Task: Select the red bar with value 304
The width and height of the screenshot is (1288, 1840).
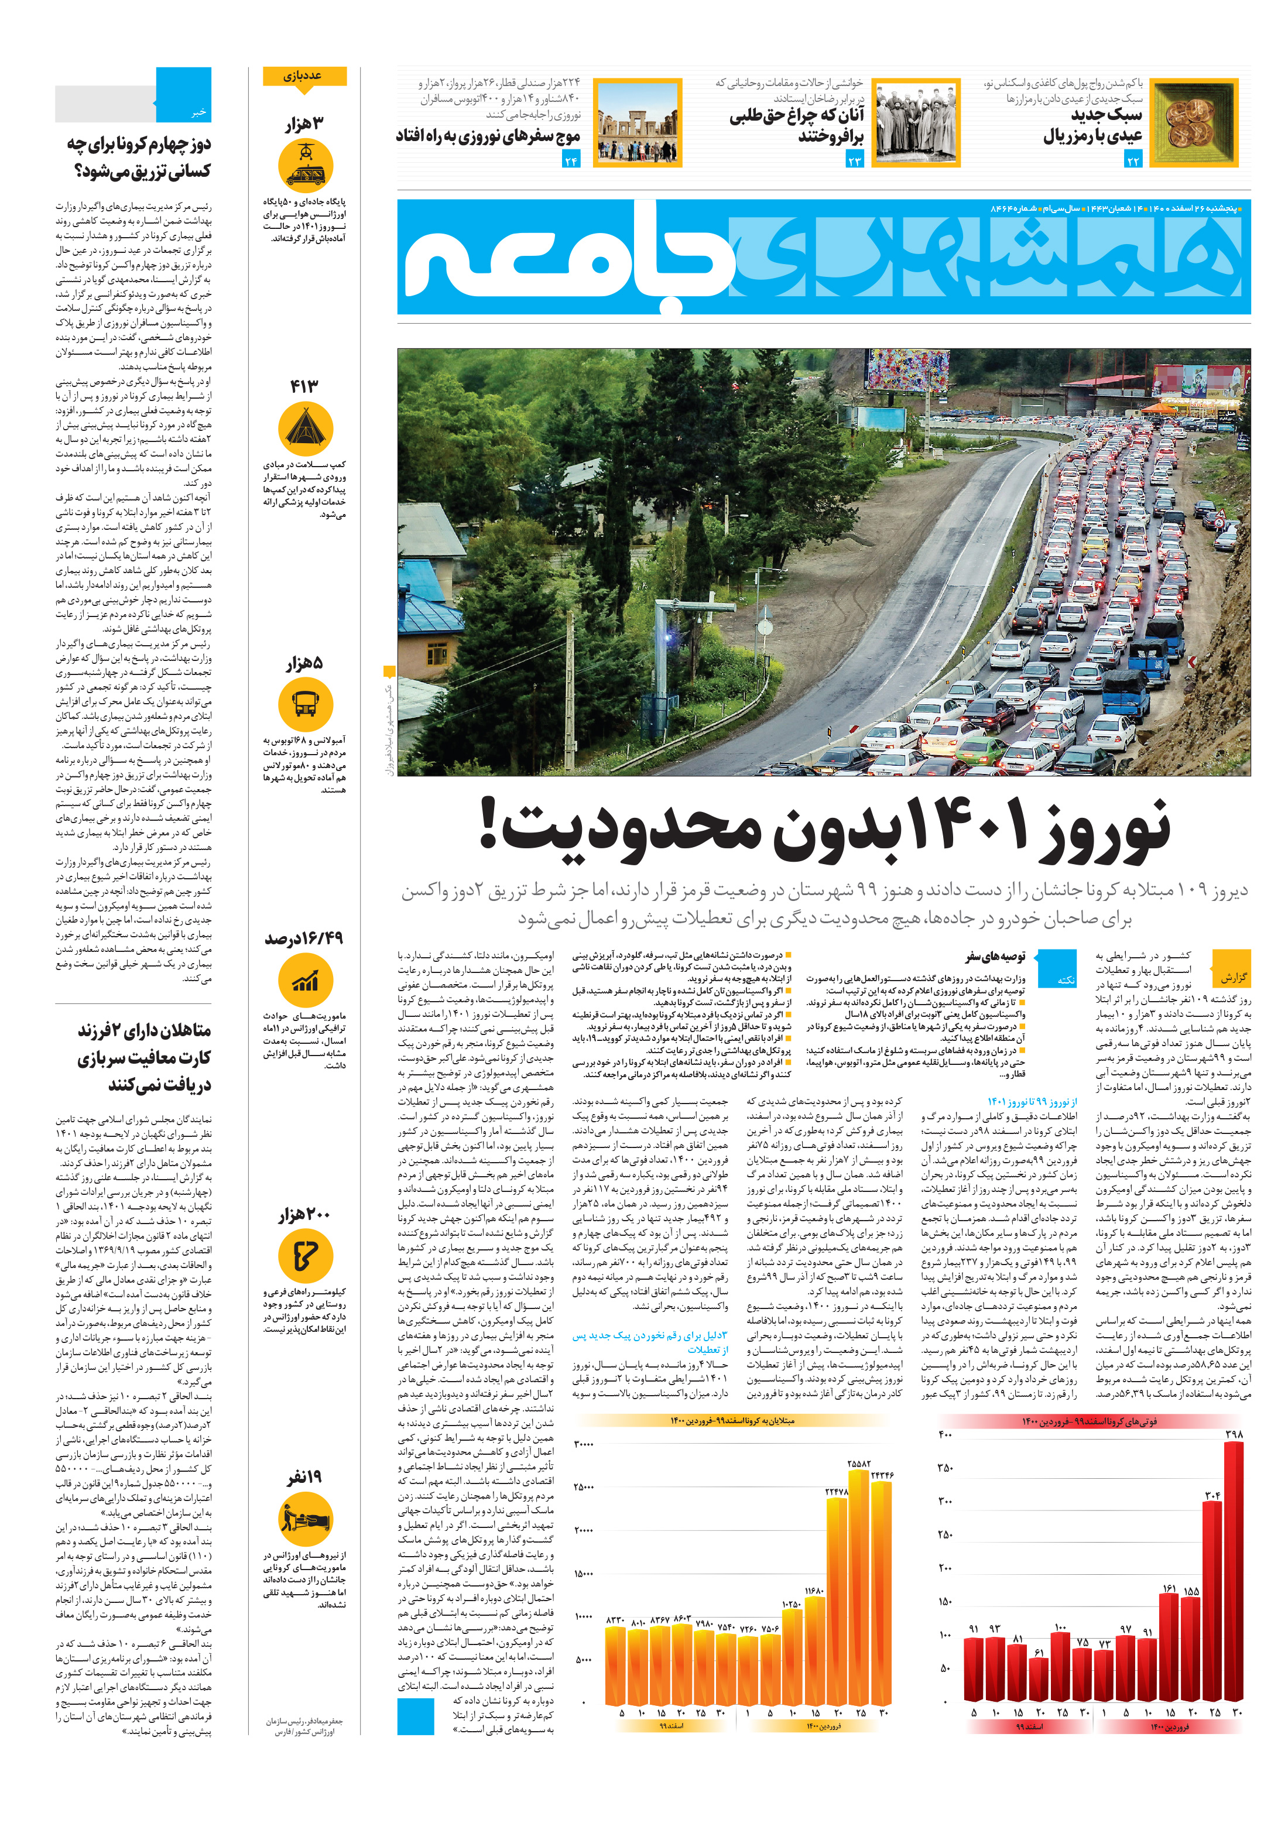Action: (1212, 1607)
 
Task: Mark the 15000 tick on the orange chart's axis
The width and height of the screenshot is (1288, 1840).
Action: (584, 1573)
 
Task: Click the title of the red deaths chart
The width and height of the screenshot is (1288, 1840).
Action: (1090, 1421)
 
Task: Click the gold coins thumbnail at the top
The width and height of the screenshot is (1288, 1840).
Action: (1193, 122)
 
